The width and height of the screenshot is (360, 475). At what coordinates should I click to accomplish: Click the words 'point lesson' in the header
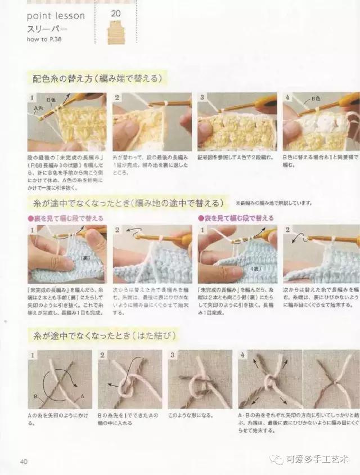56,16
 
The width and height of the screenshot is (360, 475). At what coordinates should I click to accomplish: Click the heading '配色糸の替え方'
60,78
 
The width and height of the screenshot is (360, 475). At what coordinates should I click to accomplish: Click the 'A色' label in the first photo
38,107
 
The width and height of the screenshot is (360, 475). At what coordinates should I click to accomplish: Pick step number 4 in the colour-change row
287,97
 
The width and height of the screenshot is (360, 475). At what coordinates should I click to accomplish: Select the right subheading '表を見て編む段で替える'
236,218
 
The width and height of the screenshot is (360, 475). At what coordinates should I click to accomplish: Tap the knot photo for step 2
129,379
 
